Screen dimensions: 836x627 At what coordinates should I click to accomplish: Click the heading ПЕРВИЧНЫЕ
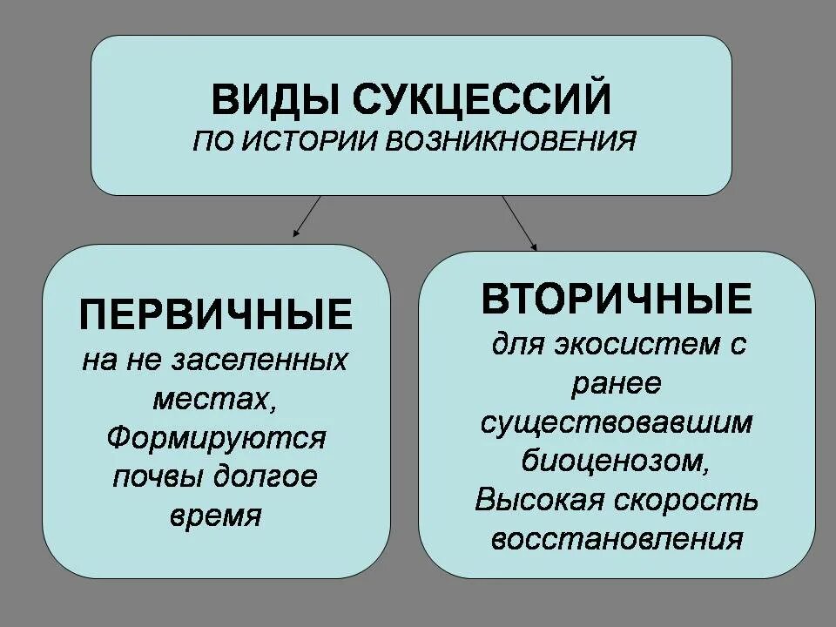coord(216,314)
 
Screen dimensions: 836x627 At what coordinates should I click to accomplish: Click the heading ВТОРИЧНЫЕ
coord(617,300)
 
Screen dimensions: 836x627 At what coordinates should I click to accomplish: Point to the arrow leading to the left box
coord(307,216)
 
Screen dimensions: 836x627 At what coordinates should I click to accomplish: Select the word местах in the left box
coord(212,398)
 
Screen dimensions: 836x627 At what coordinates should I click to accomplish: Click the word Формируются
coord(216,437)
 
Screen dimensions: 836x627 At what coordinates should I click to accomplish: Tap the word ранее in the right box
coord(617,382)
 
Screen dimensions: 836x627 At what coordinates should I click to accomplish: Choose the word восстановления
coord(617,539)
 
